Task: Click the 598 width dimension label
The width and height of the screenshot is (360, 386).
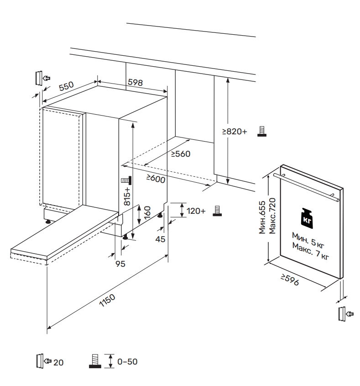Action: pos(135,83)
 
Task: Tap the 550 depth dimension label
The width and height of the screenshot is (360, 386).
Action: pos(66,86)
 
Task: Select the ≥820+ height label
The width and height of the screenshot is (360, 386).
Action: pos(235,132)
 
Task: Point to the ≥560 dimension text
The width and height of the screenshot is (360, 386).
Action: pos(181,154)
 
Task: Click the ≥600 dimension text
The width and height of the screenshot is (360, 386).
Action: pos(155,179)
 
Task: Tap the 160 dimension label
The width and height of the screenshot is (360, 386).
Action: pos(147,213)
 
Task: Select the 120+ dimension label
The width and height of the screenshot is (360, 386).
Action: pos(197,211)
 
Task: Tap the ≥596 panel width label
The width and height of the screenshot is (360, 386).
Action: pos(289,280)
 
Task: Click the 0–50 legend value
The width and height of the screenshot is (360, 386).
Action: pos(127,361)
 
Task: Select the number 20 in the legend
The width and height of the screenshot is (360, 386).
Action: pos(59,362)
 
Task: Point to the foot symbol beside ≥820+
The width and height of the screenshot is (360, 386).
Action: pos(261,132)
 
